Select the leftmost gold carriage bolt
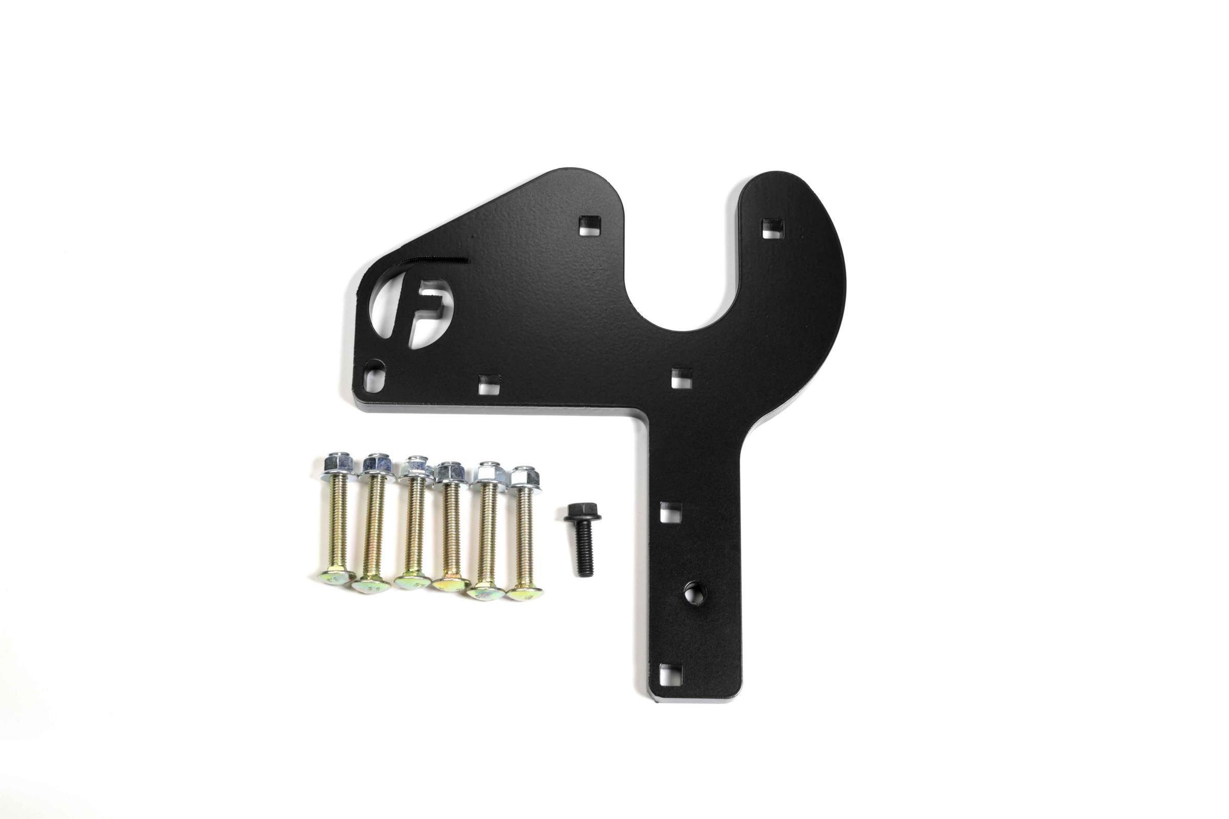[334, 528]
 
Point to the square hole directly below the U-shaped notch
[681, 377]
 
